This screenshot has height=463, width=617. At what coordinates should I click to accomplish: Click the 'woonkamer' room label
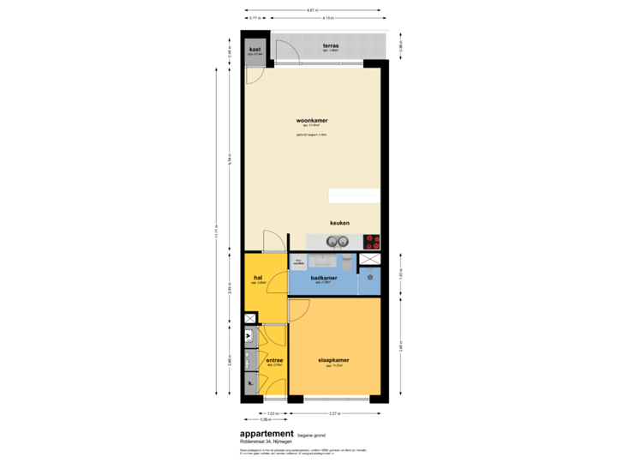click(x=312, y=121)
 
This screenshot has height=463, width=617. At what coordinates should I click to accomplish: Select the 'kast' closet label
click(x=255, y=51)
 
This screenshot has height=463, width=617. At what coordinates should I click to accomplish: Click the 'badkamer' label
click(x=323, y=277)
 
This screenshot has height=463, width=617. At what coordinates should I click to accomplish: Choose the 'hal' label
click(x=258, y=277)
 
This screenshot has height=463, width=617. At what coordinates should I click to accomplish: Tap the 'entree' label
click(x=274, y=361)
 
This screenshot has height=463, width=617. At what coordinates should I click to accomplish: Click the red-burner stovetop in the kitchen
click(x=371, y=241)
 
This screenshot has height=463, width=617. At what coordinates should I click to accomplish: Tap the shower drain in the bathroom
click(x=370, y=277)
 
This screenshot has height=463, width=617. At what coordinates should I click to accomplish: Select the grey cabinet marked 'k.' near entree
click(x=250, y=384)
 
